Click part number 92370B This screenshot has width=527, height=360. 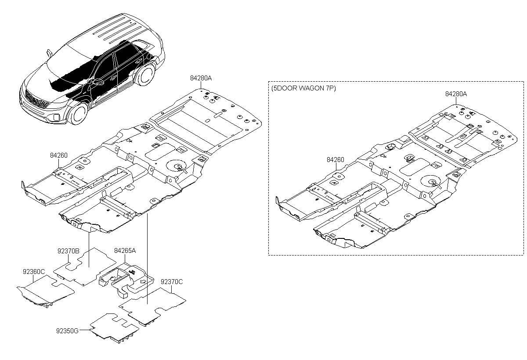[68, 251]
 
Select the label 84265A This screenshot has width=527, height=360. [125, 251]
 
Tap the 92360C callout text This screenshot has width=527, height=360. [34, 272]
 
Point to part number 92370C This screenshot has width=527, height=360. [172, 282]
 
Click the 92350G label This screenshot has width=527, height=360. [67, 331]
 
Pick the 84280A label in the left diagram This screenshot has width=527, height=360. [201, 78]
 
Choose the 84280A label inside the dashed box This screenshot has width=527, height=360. [456, 94]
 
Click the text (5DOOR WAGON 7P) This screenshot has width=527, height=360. [303, 88]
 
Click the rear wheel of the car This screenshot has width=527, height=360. [146, 75]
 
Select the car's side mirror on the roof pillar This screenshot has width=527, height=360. [49, 53]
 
